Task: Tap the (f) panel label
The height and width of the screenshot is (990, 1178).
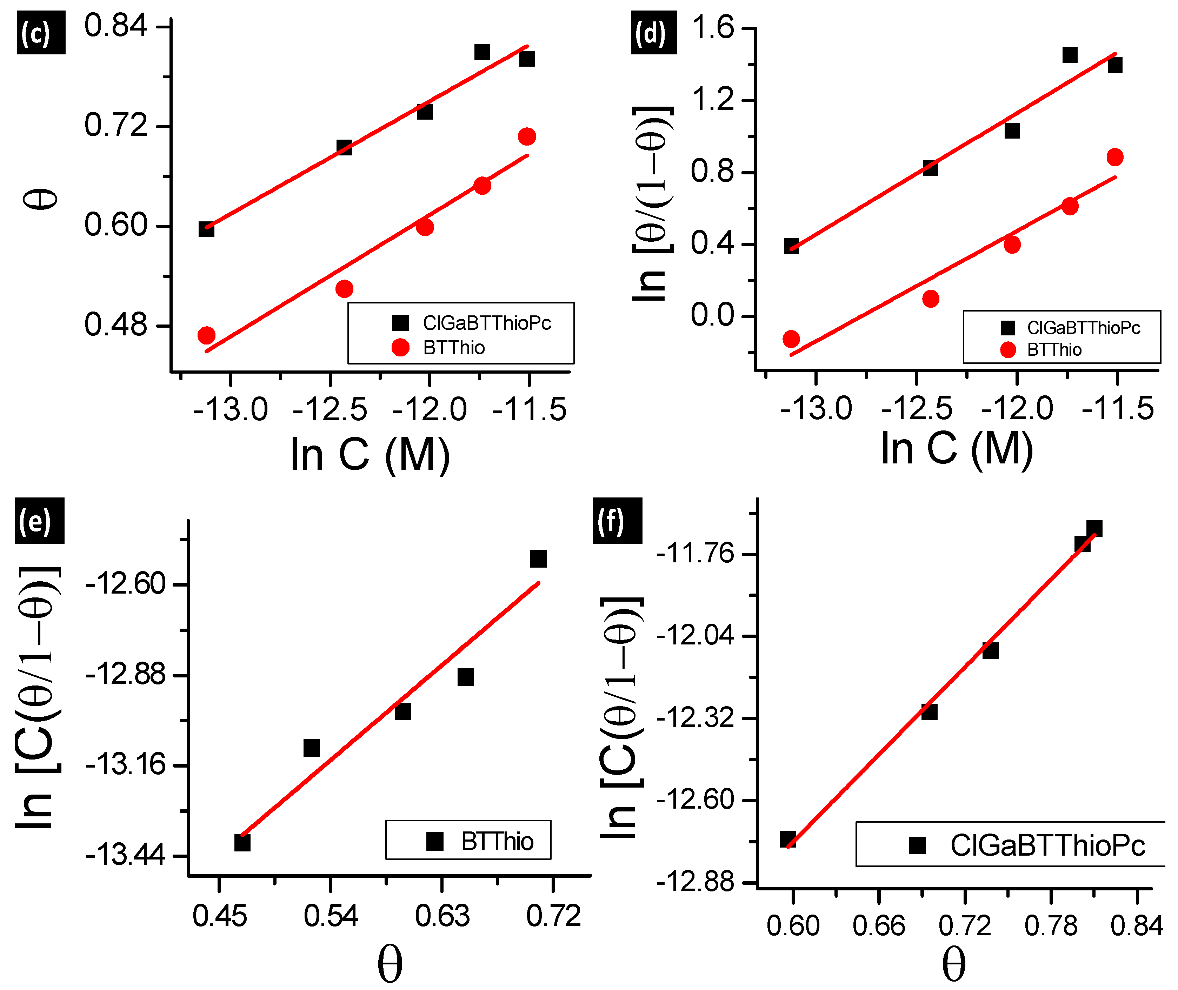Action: (617, 521)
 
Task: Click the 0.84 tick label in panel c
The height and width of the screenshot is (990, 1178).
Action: (115, 26)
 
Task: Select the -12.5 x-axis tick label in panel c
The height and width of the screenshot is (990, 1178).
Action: (330, 410)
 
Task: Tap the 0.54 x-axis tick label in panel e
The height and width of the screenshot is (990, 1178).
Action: (331, 916)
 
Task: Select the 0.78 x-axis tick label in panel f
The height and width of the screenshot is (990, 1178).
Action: (1051, 926)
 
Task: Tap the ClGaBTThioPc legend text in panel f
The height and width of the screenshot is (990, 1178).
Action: (1047, 845)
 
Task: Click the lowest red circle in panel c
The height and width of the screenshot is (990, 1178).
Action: (207, 336)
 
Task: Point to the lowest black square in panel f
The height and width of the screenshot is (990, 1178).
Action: (788, 839)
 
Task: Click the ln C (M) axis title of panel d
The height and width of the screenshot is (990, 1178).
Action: (957, 449)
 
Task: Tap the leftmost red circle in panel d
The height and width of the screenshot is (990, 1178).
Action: (791, 339)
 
